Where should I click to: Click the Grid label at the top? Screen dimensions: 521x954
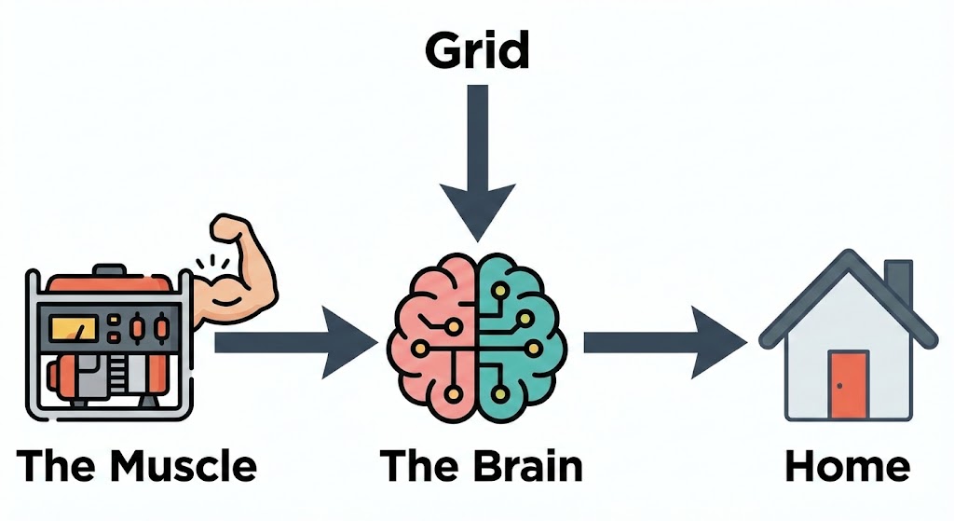tap(477, 51)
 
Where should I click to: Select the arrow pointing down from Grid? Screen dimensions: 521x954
tap(477, 158)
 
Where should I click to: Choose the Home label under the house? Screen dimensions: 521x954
tap(848, 467)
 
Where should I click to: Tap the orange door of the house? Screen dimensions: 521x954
tap(848, 384)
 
